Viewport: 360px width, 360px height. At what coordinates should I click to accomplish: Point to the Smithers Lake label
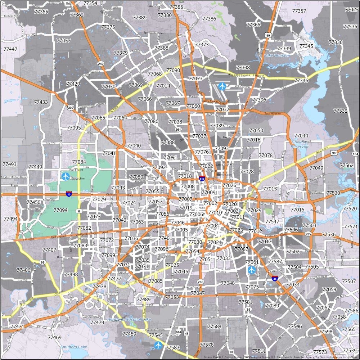(74, 347)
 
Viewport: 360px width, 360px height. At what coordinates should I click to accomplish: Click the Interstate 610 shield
(202, 178)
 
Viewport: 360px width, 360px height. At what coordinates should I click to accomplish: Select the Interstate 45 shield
(275, 278)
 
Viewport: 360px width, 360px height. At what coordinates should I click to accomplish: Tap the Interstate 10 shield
(68, 194)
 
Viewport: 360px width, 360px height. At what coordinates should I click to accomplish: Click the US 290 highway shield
(71, 108)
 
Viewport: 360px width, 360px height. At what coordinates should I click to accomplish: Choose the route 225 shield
(308, 234)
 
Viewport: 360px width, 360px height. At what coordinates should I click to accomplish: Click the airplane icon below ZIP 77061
(251, 269)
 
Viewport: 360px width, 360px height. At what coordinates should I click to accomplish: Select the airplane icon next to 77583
(158, 345)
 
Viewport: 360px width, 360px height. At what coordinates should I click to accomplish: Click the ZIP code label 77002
(210, 203)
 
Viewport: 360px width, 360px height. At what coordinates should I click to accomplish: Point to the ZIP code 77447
(10, 49)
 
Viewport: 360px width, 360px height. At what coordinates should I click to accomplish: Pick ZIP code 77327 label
(351, 9)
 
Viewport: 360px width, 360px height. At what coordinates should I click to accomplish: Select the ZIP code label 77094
(60, 210)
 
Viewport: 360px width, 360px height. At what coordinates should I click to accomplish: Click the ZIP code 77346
(301, 81)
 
